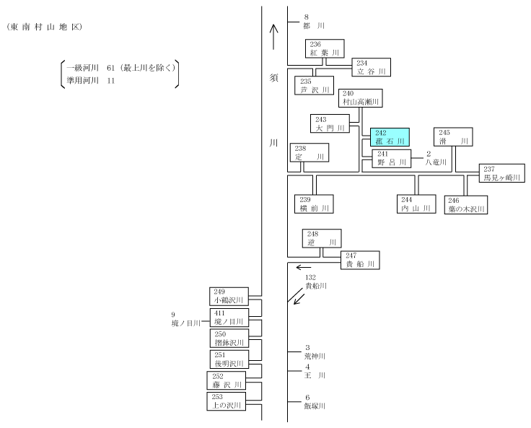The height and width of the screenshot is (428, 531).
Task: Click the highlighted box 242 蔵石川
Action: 390,137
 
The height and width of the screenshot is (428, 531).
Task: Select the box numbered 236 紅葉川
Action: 325,48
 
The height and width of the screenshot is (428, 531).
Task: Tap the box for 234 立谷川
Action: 371,67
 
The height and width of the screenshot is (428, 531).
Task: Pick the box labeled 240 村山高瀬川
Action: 361,98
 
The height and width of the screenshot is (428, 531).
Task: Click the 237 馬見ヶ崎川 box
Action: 502,173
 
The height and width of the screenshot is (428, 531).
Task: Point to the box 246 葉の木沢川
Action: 466,205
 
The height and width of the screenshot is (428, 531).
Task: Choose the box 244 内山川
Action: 416,204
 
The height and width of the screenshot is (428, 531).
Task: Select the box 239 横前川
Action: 314,204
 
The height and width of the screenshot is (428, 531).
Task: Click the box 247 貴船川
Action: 360,261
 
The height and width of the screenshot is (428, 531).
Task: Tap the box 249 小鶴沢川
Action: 229,297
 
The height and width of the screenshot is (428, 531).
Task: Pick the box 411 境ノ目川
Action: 229,318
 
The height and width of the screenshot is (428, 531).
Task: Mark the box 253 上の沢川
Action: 227,401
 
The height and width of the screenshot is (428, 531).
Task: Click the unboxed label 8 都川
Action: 314,22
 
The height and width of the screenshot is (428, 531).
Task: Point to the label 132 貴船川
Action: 316,282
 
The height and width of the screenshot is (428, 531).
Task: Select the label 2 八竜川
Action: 436,158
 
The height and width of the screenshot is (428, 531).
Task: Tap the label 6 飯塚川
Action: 315,401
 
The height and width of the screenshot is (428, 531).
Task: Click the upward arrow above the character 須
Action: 273,37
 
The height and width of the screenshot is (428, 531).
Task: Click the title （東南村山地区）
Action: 44,27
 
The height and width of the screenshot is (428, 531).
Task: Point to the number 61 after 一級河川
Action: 110,68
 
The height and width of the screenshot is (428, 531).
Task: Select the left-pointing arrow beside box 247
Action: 304,267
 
